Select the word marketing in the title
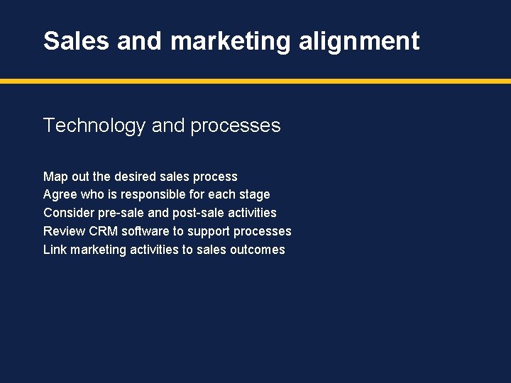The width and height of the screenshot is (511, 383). (x=230, y=41)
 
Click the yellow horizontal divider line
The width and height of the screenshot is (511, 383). (x=255, y=82)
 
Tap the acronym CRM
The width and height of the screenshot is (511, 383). (x=104, y=231)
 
